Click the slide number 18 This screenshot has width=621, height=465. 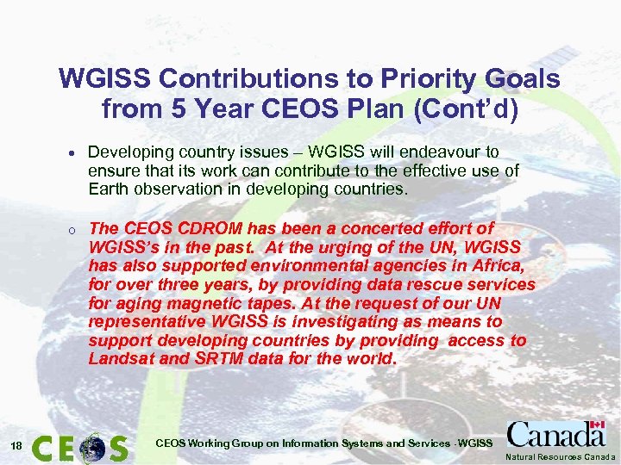click(x=16, y=444)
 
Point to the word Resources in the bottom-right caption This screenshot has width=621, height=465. click(x=568, y=456)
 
